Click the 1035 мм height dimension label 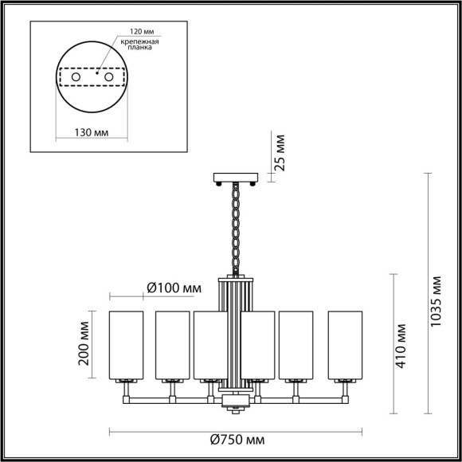tap(436, 303)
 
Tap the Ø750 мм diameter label tap(238, 440)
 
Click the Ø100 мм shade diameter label tap(174, 288)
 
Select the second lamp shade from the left tap(172, 346)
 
